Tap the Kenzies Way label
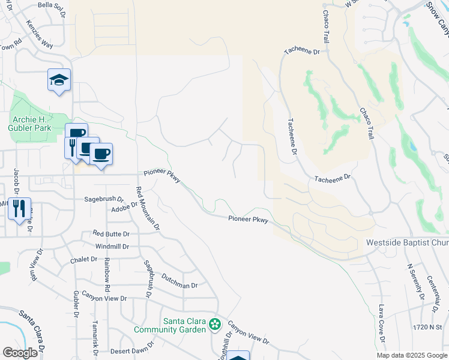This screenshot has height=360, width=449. point(40,35)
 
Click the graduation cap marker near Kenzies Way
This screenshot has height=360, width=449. point(59,80)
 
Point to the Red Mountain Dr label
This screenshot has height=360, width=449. point(148,209)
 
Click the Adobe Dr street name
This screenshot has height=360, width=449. point(124,209)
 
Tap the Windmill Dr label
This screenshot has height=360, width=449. point(112,247)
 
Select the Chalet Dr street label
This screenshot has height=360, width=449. point(83,259)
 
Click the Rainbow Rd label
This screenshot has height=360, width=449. point(107,271)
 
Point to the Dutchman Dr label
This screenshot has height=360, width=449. point(179,281)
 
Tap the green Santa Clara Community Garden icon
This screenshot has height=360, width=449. point(214,325)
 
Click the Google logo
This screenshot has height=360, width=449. point(20,353)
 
